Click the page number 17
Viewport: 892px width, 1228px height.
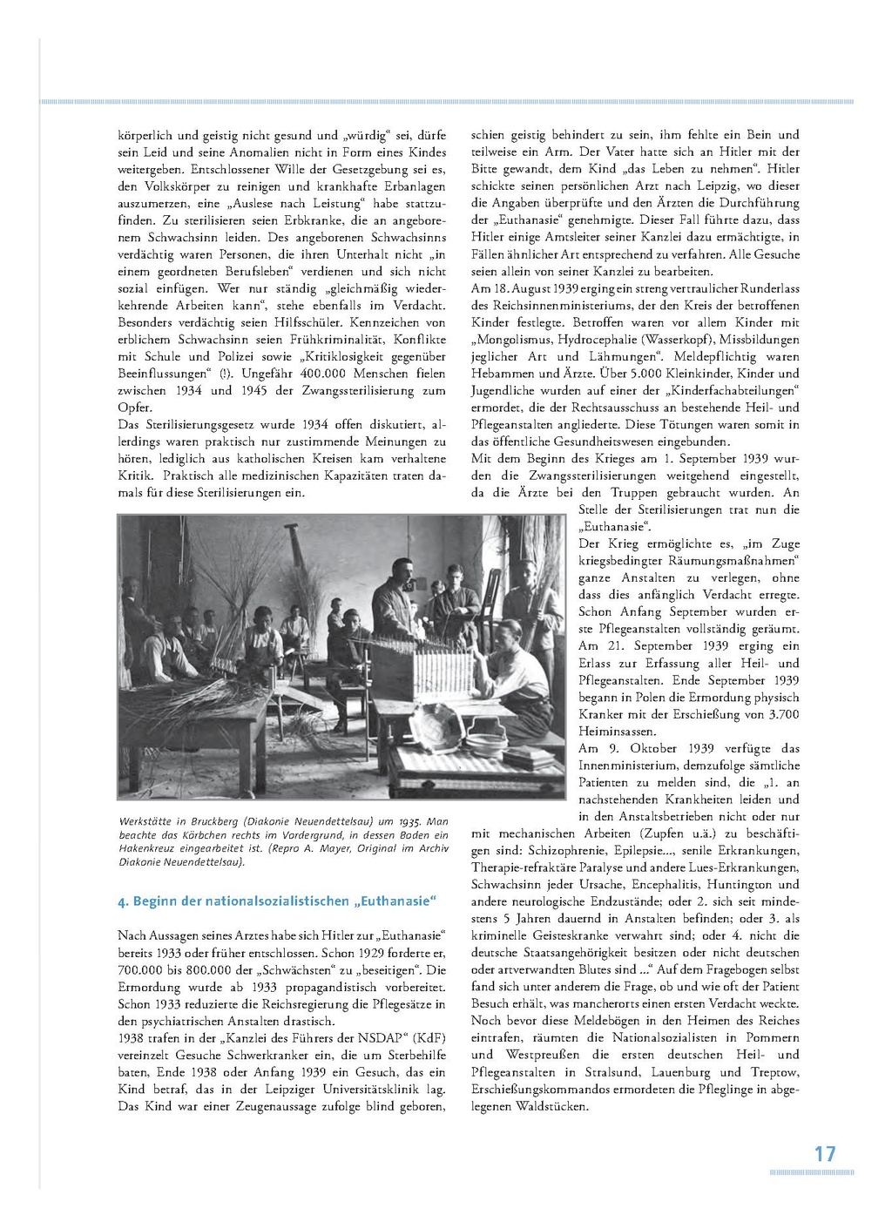[824, 1154]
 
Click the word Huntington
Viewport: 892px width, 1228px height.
[746, 884]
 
